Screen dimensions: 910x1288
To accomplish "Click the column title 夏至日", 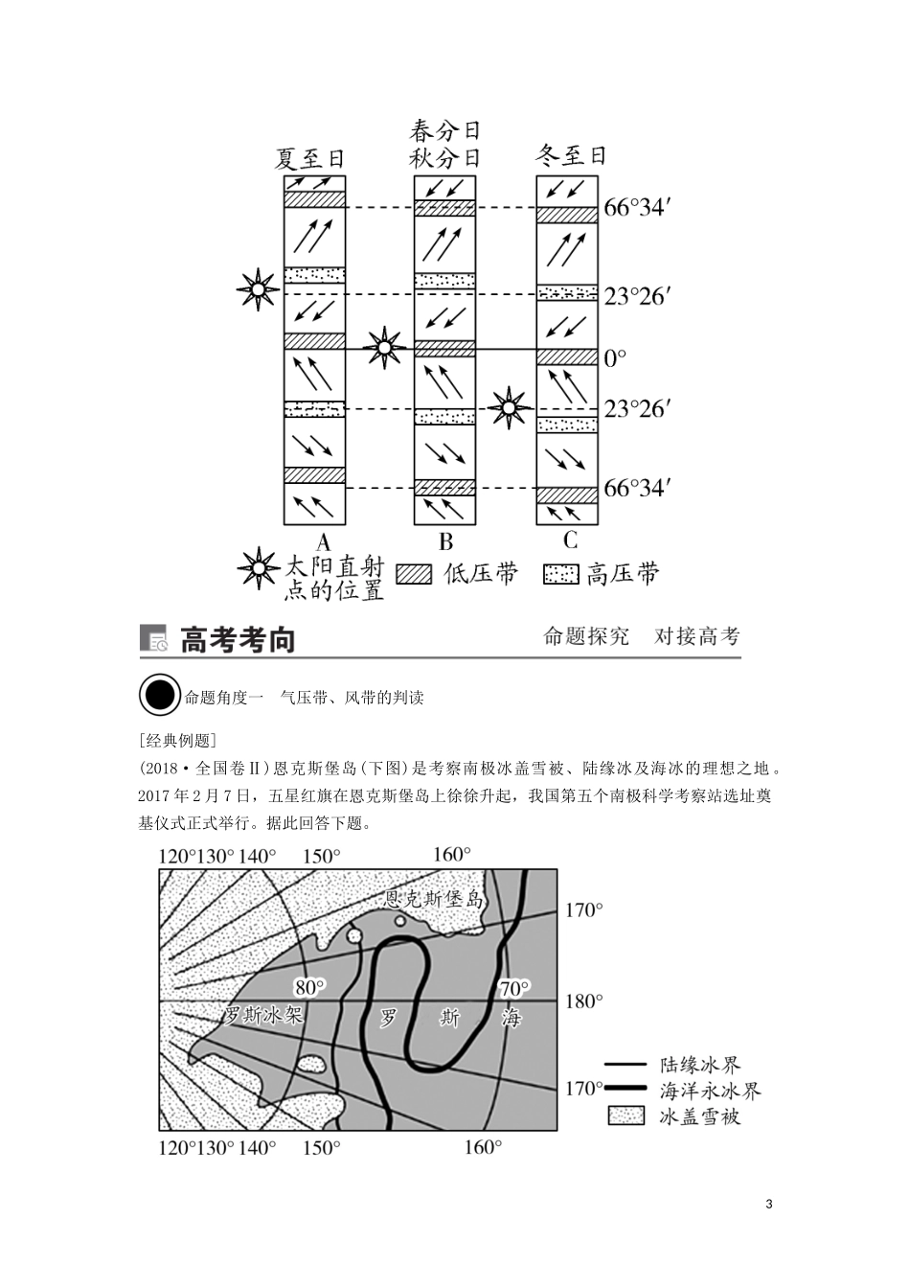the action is click(x=309, y=158).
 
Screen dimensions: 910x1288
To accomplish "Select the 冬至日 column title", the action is click(x=571, y=155).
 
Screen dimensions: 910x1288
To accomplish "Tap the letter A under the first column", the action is click(x=322, y=540).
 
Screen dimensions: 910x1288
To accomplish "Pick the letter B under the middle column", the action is click(x=445, y=541).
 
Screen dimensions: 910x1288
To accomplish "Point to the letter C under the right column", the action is click(x=571, y=540).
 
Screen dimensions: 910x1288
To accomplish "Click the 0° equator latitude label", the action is click(x=615, y=358).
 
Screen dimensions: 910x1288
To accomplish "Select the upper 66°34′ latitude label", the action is click(x=634, y=208).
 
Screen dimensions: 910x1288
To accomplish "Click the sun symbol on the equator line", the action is click(x=385, y=347).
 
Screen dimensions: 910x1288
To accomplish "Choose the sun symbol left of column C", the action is click(x=509, y=408).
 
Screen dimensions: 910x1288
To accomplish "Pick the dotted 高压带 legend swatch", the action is click(x=560, y=574).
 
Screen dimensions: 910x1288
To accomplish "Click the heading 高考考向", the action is click(x=238, y=640).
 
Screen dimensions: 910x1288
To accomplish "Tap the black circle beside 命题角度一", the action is click(x=159, y=697).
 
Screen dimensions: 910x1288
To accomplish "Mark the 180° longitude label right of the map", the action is click(x=584, y=1001).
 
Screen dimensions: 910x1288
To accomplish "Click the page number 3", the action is click(x=769, y=1204).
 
